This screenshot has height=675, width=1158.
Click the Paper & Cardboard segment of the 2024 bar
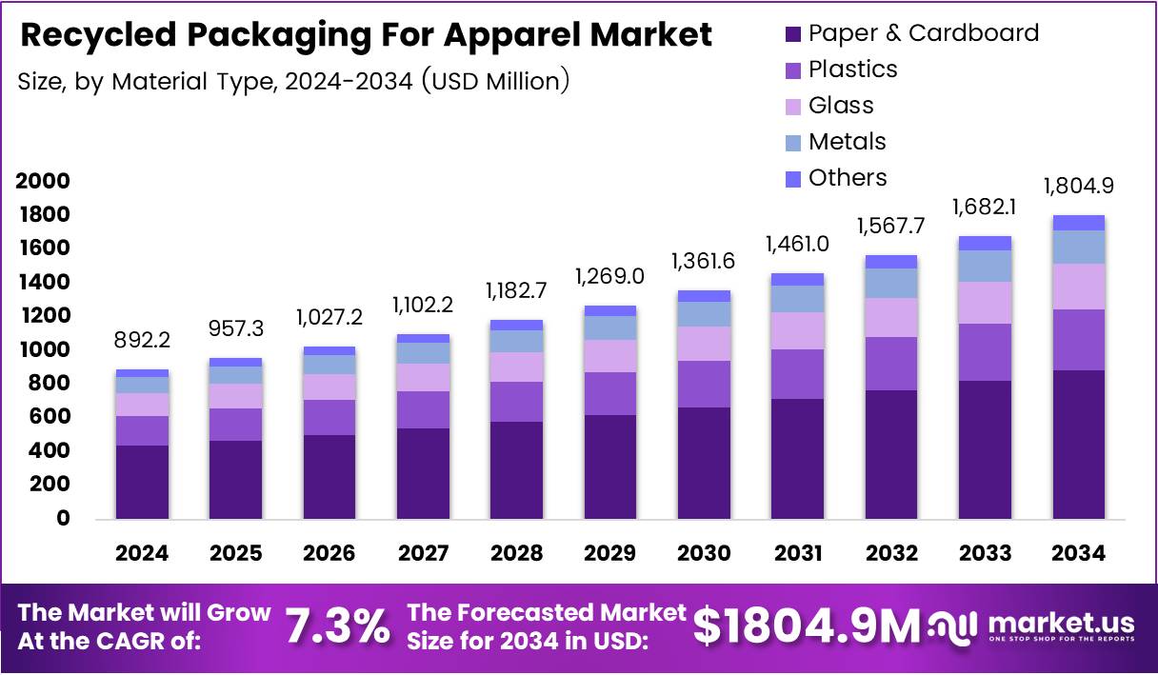click(142, 482)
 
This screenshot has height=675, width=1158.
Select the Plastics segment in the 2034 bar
click(1078, 340)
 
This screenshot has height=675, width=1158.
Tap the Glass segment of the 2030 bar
click(704, 344)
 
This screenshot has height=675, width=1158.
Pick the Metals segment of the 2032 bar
click(891, 283)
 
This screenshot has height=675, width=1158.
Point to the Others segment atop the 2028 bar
click(516, 325)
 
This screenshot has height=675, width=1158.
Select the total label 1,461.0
click(797, 245)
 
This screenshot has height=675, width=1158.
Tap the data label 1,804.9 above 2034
click(1078, 186)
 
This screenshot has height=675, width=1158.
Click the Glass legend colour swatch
click(793, 107)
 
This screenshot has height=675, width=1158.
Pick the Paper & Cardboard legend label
click(923, 33)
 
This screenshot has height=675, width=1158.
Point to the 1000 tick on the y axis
click(43, 350)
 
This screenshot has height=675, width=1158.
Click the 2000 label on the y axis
click(43, 181)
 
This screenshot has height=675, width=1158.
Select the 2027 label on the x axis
click(423, 553)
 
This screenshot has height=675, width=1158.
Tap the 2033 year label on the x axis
click(985, 553)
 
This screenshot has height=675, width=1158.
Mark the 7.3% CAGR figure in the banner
click(338, 626)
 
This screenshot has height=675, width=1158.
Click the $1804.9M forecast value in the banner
click(807, 625)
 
